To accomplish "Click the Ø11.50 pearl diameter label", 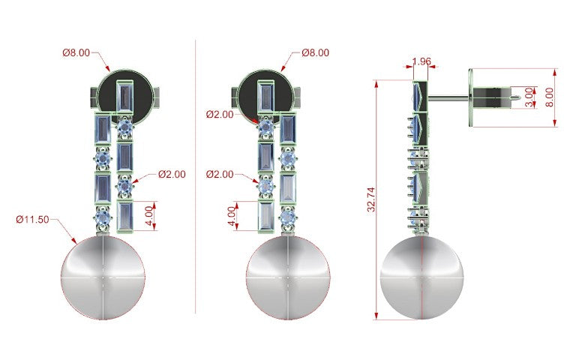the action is pyautogui.click(x=32, y=219).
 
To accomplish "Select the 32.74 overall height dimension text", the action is pyautogui.click(x=371, y=199).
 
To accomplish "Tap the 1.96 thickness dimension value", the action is pyautogui.click(x=421, y=61).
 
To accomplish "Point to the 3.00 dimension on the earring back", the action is pyautogui.click(x=529, y=97).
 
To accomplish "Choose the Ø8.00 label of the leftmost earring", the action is pyautogui.click(x=76, y=52).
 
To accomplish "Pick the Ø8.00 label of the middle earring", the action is pyautogui.click(x=315, y=52).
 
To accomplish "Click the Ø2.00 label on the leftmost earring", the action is pyautogui.click(x=172, y=174).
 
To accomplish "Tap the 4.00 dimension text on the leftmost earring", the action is pyautogui.click(x=148, y=216).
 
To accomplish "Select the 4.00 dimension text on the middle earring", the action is pyautogui.click(x=232, y=216).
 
